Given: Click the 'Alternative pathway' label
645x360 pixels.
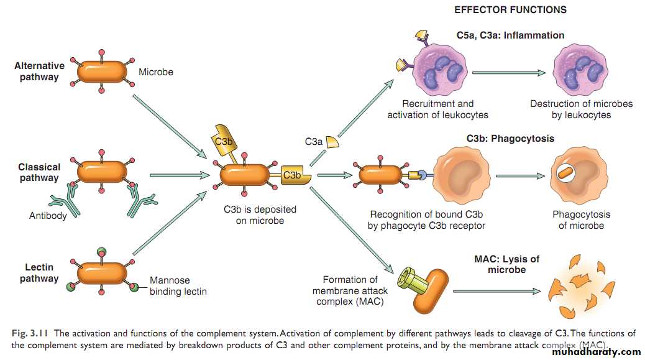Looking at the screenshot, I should tap(39, 72).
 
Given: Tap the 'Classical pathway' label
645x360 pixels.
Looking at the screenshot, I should tap(39, 172).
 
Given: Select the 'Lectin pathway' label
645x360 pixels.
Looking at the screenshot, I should tap(39, 273).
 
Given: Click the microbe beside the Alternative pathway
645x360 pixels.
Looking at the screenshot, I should tap(102, 72).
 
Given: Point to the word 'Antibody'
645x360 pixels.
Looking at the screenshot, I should tap(48, 216).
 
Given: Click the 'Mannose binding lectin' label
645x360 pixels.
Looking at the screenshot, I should tap(178, 286).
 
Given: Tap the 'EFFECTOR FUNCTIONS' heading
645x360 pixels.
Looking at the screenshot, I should tap(510, 10).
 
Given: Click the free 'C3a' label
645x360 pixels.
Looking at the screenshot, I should tap(314, 142).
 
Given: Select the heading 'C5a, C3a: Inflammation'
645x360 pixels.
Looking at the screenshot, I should tap(510, 35).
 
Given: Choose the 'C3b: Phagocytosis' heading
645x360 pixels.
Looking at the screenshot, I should tap(510, 139).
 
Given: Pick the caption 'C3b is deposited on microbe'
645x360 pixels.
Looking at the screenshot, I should tap(260, 215).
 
